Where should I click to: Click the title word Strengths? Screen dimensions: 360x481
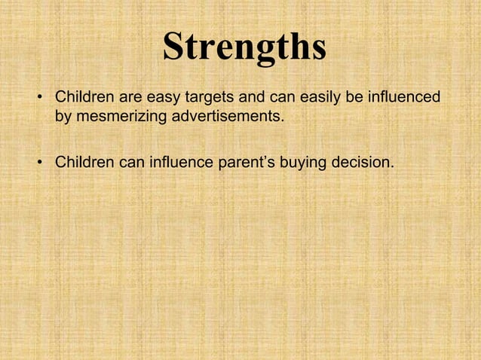click(245, 47)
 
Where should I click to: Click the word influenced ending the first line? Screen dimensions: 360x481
click(406, 99)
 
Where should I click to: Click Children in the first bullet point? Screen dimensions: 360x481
click(83, 99)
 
